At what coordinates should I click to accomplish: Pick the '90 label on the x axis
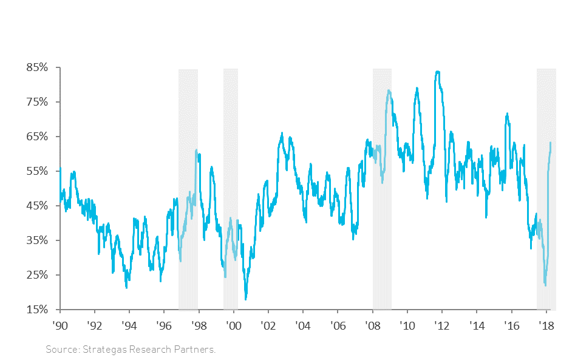tap(60, 325)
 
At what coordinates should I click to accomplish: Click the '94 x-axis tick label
tap(129, 325)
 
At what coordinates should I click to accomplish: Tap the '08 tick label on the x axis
tap(373, 325)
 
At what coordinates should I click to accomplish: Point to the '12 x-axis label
tap(442, 325)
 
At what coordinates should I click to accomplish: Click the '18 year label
tap(546, 325)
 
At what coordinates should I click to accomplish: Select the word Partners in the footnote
tap(196, 350)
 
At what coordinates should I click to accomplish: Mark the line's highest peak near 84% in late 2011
tap(437, 72)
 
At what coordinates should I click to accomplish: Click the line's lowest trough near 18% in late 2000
tap(246, 299)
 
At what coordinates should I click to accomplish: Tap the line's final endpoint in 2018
tap(550, 143)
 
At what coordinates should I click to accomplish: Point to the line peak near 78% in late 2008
tap(389, 91)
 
